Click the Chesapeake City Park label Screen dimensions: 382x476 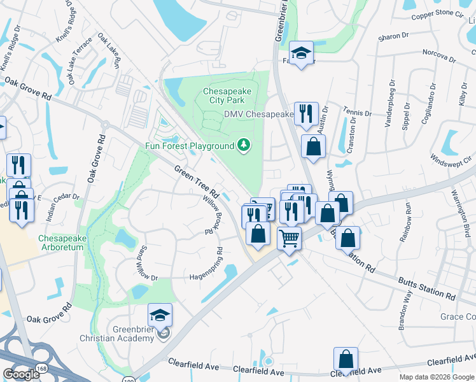[227, 96]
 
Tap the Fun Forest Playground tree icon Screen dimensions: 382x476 [243, 146]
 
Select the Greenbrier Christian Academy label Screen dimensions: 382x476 [116, 334]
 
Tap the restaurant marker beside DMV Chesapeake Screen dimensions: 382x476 [306, 114]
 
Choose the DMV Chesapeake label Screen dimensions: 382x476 [258, 115]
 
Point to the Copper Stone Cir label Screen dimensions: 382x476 [438, 13]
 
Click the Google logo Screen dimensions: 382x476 [22, 374]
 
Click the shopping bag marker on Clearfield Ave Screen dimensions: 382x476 [346, 360]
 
